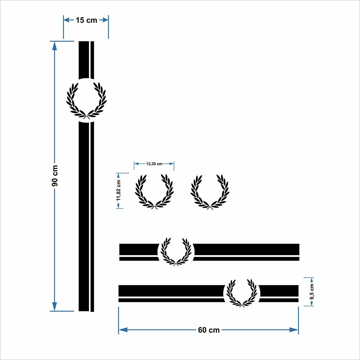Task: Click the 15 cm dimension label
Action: coord(86,20)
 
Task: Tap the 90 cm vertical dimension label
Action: coord(55,176)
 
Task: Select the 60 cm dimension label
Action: coord(209,330)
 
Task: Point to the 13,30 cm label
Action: coord(154,164)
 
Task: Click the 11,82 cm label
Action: coord(118,190)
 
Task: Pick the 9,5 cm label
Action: coord(312,292)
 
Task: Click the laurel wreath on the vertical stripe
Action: coord(86,101)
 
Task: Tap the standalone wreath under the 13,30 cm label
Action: coord(154,192)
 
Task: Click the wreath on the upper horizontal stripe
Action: coord(176,252)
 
